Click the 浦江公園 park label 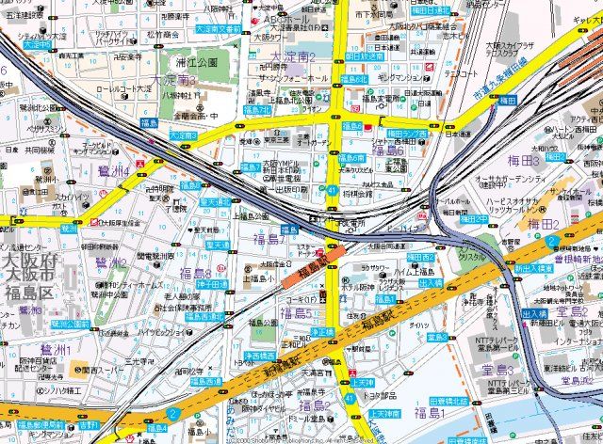[195, 62]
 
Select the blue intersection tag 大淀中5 [37, 43]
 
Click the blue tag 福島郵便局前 [33, 425]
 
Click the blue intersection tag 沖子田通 [216, 283]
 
